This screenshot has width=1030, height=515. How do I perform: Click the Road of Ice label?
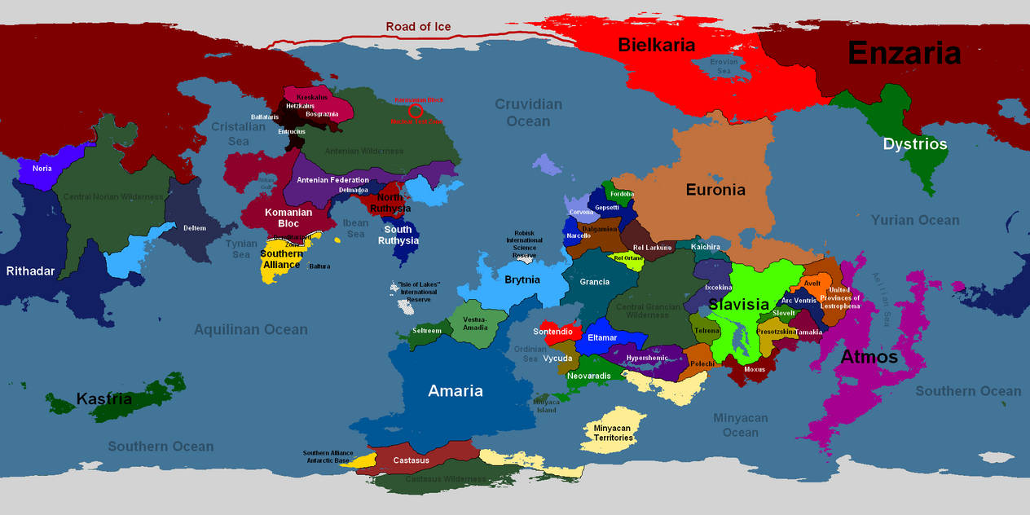tap(418, 27)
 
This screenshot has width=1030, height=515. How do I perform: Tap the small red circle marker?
tap(416, 111)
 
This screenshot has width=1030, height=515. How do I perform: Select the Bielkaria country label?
tap(656, 45)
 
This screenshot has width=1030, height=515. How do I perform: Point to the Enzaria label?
tap(905, 53)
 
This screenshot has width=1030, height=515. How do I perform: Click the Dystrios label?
tap(915, 144)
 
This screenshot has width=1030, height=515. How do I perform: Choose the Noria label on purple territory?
tap(42, 169)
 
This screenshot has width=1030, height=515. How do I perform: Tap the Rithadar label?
tap(30, 271)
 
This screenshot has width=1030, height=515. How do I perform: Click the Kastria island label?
tap(104, 399)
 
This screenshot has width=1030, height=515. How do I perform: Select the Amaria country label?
tap(456, 391)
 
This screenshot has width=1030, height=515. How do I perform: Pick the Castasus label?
tap(411, 460)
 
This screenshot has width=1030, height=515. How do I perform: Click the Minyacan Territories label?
tap(613, 432)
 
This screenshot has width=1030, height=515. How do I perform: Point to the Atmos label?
tap(869, 357)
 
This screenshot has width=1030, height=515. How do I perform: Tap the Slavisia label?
tap(739, 305)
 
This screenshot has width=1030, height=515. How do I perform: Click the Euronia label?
tap(715, 190)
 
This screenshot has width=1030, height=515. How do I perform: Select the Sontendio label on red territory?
tap(557, 332)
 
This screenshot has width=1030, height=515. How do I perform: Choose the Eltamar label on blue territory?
tap(602, 337)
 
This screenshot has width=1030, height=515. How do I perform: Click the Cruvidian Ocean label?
tap(529, 112)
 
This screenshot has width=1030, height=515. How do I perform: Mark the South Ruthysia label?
tap(398, 235)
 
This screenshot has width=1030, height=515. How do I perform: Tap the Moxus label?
tap(755, 369)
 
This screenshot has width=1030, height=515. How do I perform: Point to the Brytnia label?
tap(522, 280)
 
